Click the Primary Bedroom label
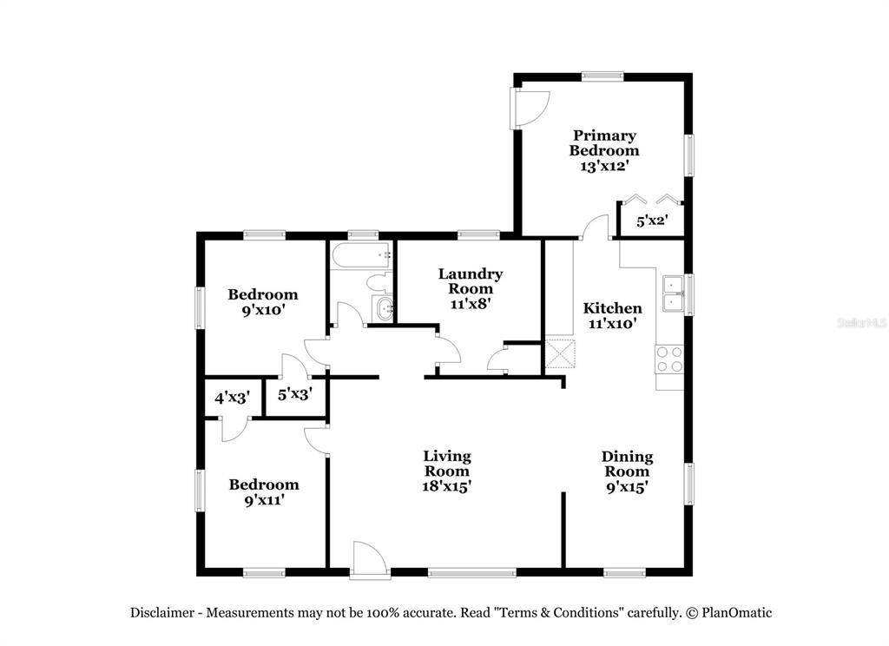click(604, 143)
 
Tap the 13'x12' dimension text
click(604, 166)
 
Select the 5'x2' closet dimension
click(652, 220)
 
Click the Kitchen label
click(612, 308)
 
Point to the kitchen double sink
click(674, 293)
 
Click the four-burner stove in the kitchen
click(669, 359)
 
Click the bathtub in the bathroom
click(361, 255)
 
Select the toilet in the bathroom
click(379, 280)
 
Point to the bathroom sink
click(383, 308)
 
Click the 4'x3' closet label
click(233, 398)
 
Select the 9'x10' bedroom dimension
click(263, 310)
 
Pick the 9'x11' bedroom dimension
click(264, 500)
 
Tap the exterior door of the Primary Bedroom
click(530, 108)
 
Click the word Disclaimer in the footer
click(162, 612)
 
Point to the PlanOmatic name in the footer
click(736, 612)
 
